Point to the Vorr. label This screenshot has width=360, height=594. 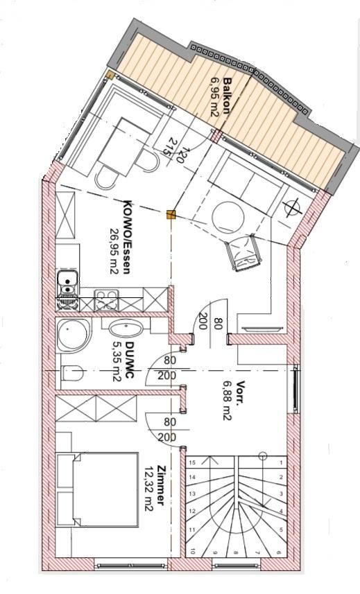pos(239,393)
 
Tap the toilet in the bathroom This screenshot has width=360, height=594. pos(71,373)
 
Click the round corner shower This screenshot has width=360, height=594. pos(74,335)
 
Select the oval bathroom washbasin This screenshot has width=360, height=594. pos(126,327)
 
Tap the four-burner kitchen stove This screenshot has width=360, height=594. pos(107,300)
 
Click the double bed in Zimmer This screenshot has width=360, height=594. pos(96,489)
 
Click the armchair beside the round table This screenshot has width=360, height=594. pos(243,252)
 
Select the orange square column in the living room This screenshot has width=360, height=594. pos(171,215)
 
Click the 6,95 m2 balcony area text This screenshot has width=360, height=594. pos(215,97)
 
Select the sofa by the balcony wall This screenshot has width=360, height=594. pos(246,178)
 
